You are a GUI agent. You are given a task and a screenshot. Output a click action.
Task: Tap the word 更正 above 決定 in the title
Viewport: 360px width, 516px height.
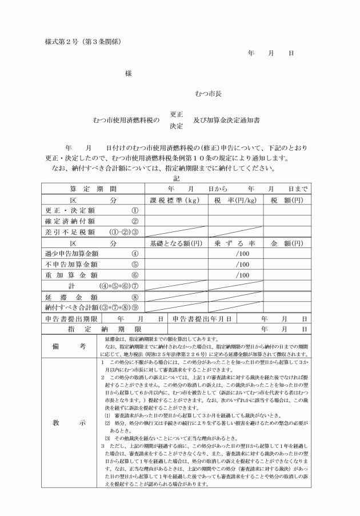pos(176,114)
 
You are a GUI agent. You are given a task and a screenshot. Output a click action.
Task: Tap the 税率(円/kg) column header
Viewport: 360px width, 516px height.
pos(235,201)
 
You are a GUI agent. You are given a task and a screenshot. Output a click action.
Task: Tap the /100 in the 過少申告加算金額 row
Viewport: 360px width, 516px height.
pos(243,254)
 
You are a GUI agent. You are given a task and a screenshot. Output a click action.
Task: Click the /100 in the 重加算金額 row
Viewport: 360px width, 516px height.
pos(243,275)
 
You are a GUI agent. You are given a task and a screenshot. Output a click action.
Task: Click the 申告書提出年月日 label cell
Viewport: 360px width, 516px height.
pos(201,318)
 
